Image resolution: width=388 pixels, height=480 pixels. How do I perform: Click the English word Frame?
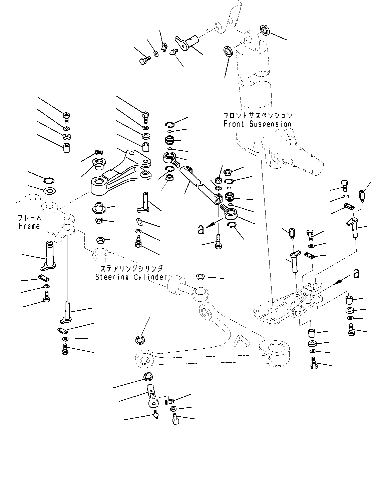(29, 226)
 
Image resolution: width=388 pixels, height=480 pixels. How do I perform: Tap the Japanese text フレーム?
(30, 218)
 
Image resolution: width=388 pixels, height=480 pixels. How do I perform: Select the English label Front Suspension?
(257, 124)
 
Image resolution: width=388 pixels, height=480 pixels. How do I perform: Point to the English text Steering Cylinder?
(131, 277)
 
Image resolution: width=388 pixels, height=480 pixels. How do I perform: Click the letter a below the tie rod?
(201, 230)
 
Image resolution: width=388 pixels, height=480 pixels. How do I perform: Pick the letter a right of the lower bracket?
(357, 273)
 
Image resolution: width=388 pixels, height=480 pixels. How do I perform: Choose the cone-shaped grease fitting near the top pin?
(173, 52)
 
